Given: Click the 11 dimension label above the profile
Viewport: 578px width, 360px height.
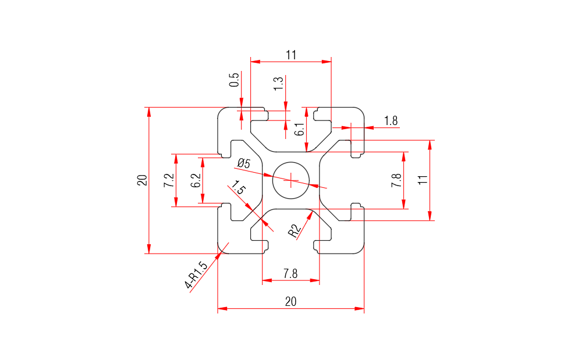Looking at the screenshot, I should (291, 55).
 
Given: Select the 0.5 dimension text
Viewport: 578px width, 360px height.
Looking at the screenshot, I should (234, 80).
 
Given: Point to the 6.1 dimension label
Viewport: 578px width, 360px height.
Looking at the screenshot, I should (299, 129).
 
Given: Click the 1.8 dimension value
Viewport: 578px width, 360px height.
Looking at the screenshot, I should (391, 121).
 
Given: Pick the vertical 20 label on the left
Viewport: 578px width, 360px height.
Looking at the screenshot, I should (141, 180).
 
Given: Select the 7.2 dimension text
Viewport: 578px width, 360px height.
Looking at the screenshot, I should (168, 180).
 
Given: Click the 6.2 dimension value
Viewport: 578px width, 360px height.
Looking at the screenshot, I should (196, 180).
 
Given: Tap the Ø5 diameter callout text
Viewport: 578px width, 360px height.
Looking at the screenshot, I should (244, 164).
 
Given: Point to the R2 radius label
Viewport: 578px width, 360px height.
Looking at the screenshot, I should (295, 230).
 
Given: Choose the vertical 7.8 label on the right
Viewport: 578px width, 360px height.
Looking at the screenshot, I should (396, 180).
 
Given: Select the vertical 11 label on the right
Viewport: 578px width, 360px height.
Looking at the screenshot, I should (423, 180).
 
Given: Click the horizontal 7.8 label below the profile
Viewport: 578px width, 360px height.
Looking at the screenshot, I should (290, 273).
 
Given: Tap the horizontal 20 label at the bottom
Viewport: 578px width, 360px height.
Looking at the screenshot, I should (290, 301).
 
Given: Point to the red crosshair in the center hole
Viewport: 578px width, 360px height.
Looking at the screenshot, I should (290, 180).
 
